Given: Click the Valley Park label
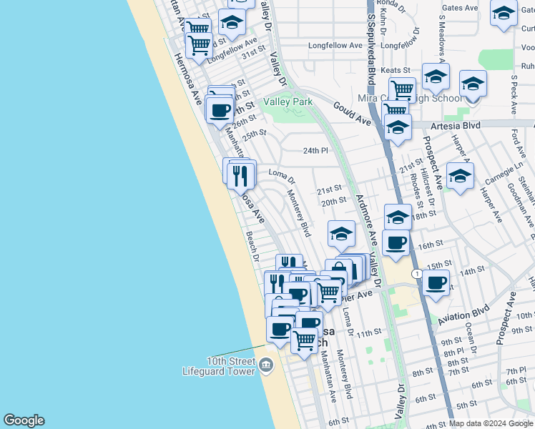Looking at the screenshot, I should tap(288, 102).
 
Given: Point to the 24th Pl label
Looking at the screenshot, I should tap(314, 151).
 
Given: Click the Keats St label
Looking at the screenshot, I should tap(396, 70).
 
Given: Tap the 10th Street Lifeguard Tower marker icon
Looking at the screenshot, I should tap(267, 365).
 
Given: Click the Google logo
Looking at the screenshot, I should tap(24, 420).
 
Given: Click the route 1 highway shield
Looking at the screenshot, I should tap(416, 274).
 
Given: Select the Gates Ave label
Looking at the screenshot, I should tap(460, 8).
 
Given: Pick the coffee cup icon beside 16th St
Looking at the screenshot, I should tap(396, 243).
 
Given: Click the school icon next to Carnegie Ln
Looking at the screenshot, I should tap(460, 174).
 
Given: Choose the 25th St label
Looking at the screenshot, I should tap(254, 134).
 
